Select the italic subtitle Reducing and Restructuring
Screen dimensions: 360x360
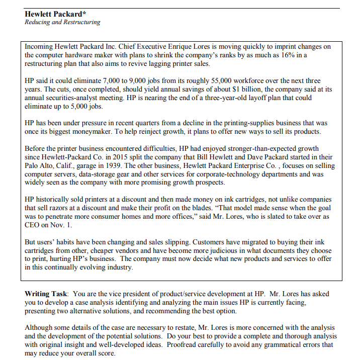(62, 22)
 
